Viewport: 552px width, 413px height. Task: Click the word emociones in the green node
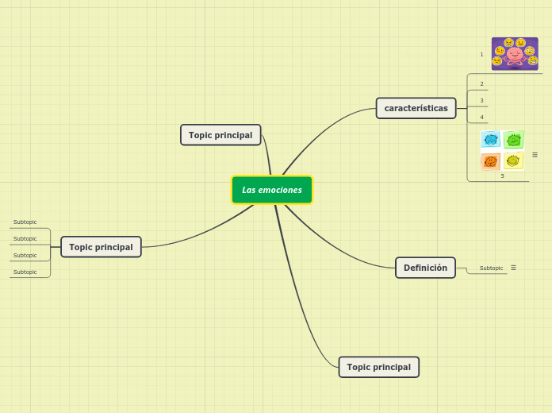280,190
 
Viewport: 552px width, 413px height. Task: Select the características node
416,108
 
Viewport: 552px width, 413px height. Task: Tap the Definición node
425,268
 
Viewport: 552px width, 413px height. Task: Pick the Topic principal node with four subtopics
101,247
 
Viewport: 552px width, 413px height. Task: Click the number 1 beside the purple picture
481,54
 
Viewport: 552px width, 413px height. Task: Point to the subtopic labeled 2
481,83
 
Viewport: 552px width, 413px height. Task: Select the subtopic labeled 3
481,101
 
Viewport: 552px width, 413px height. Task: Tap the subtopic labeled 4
481,117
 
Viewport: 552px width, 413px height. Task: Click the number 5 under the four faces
502,176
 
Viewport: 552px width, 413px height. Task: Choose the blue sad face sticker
491,139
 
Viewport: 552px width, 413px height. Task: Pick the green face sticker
514,140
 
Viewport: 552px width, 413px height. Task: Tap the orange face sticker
490,161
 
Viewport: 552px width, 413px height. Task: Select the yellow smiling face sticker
513,160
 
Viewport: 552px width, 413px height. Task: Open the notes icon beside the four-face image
535,155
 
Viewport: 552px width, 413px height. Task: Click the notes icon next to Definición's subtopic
514,268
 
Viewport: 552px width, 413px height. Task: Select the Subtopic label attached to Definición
491,268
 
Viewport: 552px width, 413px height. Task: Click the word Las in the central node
248,190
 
